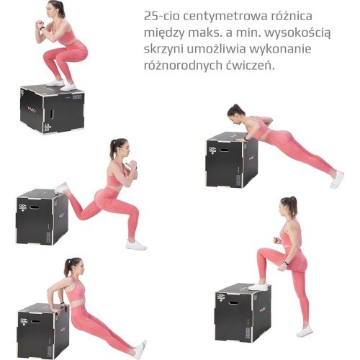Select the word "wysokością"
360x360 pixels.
297,33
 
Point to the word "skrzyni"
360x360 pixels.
163,49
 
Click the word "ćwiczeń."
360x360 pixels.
250,65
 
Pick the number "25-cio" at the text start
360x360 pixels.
162,17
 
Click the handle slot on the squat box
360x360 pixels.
52,114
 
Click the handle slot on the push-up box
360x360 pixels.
224,150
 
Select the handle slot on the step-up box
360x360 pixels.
233,302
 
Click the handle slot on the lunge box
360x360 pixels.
34,207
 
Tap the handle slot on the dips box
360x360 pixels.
35,321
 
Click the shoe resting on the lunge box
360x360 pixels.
61,188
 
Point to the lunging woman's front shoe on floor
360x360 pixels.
136,246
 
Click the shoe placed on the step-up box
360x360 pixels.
258,287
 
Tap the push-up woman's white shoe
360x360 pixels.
337,179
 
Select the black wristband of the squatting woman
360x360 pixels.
42,29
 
